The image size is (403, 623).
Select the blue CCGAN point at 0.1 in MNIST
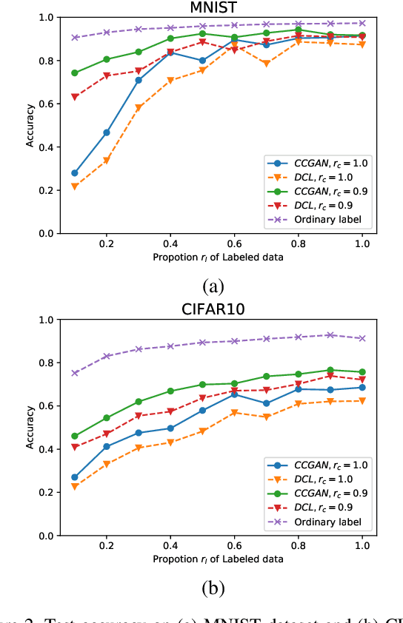point(74,173)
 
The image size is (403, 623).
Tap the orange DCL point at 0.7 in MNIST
point(266,64)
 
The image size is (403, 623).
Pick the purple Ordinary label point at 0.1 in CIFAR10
point(74,373)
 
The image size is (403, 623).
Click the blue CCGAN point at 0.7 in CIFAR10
point(266,403)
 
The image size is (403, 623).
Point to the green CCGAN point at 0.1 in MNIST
point(74,73)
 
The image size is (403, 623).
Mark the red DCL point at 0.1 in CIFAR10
point(74,447)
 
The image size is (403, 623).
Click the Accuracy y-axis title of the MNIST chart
point(30,126)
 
